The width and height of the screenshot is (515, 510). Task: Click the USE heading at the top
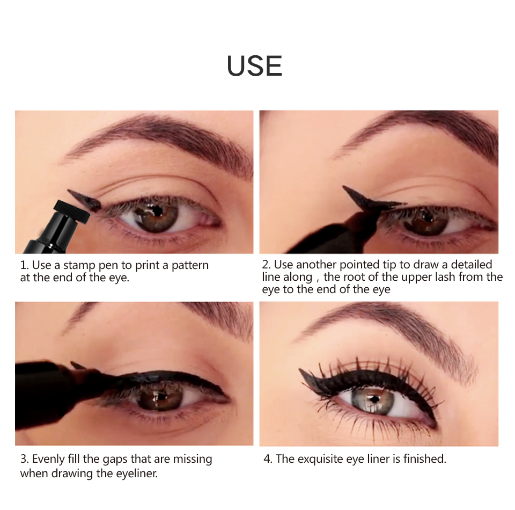(x=254, y=66)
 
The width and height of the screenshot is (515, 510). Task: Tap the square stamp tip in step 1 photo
(x=71, y=212)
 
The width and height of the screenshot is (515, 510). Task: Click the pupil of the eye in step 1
(x=157, y=211)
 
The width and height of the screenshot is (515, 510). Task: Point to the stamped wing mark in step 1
(x=84, y=200)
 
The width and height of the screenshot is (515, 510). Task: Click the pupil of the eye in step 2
(x=427, y=217)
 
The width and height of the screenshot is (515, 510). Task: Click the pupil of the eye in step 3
(x=160, y=397)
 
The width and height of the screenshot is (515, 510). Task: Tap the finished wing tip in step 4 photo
(x=300, y=370)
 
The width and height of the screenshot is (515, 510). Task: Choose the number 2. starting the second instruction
(x=266, y=265)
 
